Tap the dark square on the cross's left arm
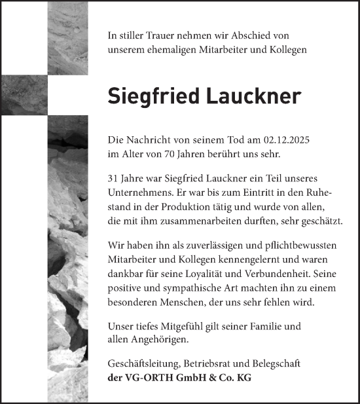pos(24,86)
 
